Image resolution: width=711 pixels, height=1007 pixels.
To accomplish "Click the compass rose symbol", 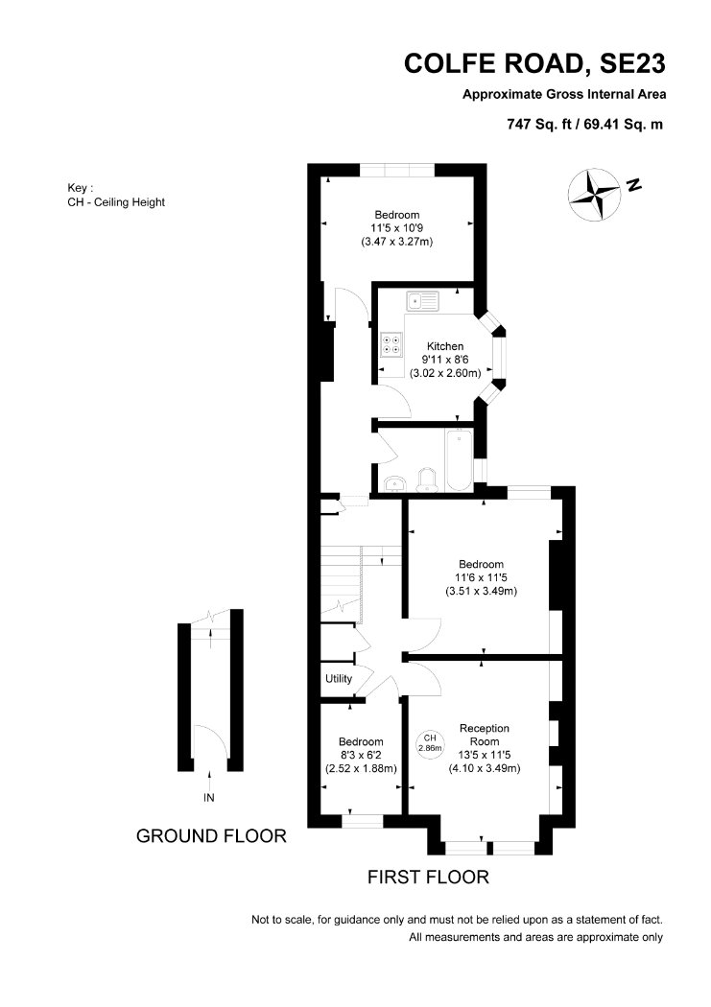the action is [x=594, y=195].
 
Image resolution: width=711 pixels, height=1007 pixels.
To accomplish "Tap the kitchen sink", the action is [x=422, y=300].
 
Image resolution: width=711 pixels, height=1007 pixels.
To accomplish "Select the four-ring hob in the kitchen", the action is [x=391, y=344].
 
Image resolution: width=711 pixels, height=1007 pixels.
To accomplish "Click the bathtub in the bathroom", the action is [x=459, y=459].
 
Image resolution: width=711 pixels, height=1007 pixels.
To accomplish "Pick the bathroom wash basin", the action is [x=393, y=483].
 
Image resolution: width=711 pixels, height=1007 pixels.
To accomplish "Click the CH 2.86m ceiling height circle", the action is [x=430, y=743].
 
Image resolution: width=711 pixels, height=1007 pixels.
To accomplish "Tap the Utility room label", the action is [x=339, y=678].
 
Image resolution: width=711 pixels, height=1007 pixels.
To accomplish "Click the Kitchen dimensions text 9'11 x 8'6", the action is [x=445, y=360].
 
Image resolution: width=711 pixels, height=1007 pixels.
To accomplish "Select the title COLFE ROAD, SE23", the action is [x=534, y=63].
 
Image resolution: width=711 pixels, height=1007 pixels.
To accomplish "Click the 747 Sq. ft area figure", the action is [x=539, y=125].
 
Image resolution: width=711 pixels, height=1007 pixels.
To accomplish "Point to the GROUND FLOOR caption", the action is [x=211, y=835].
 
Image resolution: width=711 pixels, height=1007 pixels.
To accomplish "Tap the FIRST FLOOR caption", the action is [x=428, y=877].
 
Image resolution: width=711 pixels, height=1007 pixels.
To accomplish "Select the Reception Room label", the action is [x=485, y=735].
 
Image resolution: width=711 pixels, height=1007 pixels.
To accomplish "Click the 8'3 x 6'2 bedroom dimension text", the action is [x=361, y=756].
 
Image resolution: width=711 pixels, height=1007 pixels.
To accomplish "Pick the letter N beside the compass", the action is [x=634, y=185].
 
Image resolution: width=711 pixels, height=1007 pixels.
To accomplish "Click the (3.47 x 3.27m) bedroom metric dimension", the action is [x=397, y=242].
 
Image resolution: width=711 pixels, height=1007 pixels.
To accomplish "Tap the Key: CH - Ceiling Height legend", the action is [x=116, y=196].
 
